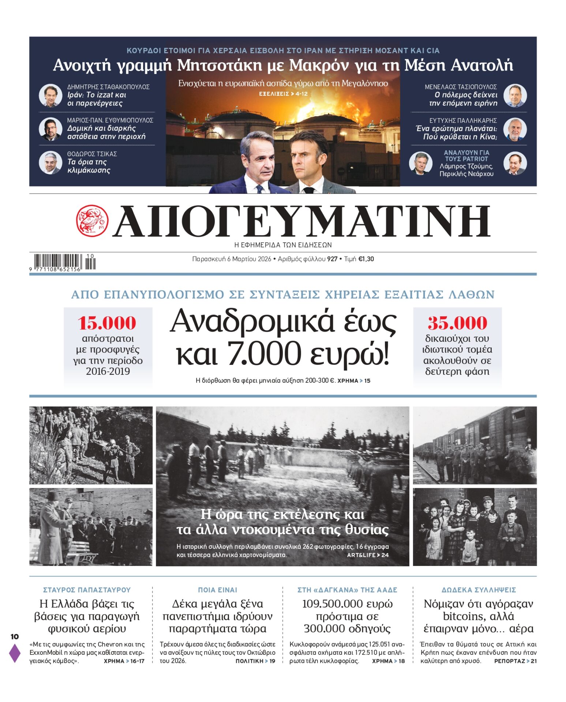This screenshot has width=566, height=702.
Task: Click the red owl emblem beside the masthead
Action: point(92,220)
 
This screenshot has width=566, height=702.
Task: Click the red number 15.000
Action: point(106,323)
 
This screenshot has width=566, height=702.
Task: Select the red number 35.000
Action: point(457,323)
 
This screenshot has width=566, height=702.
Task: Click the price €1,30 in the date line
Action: point(366,259)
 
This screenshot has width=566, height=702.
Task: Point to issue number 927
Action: point(332,259)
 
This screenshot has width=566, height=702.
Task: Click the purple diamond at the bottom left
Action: point(15,653)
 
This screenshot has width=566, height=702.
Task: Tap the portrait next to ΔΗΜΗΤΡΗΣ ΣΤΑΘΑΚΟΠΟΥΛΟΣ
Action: point(50,95)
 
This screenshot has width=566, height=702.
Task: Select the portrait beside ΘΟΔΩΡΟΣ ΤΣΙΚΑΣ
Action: point(50,162)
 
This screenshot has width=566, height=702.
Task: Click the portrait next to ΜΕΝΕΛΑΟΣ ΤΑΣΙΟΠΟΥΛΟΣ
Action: point(515,95)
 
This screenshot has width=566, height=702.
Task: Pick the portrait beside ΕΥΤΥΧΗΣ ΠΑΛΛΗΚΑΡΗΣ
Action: point(515,129)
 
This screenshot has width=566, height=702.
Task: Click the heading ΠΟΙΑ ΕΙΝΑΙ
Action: point(217,590)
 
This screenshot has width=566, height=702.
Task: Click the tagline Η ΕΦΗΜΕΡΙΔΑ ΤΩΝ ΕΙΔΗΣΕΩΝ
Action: point(283,245)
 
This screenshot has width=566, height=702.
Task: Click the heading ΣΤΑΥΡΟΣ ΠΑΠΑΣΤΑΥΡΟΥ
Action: point(87,590)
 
